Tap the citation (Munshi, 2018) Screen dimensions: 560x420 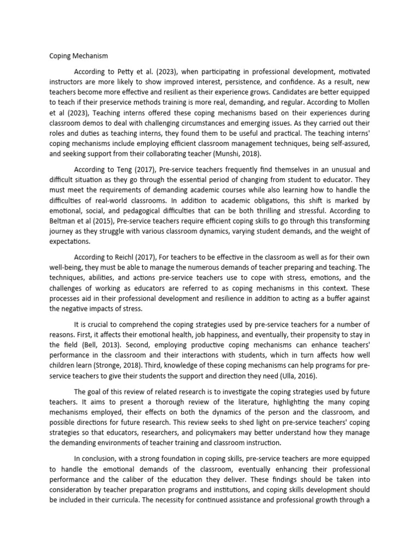click(248, 145)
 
